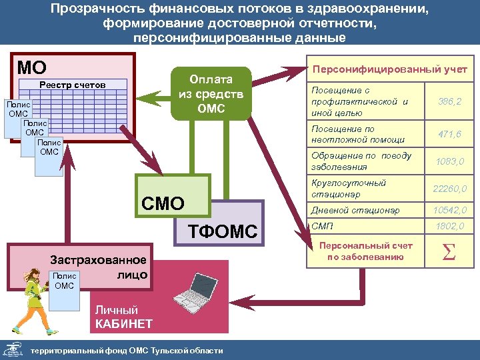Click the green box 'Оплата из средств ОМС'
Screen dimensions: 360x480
[211, 93]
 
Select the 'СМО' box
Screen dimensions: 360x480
[163, 203]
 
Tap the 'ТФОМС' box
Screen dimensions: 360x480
[223, 231]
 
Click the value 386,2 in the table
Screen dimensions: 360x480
[449, 101]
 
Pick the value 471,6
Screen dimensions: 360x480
[449, 135]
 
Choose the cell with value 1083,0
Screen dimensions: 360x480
[449, 161]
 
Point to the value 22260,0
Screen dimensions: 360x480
[449, 189]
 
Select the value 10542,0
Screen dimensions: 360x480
[449, 211]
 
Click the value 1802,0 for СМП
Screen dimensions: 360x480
[449, 227]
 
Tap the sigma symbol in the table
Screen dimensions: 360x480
[449, 252]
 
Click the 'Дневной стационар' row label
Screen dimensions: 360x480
[355, 211]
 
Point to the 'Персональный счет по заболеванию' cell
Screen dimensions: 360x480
[365, 251]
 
